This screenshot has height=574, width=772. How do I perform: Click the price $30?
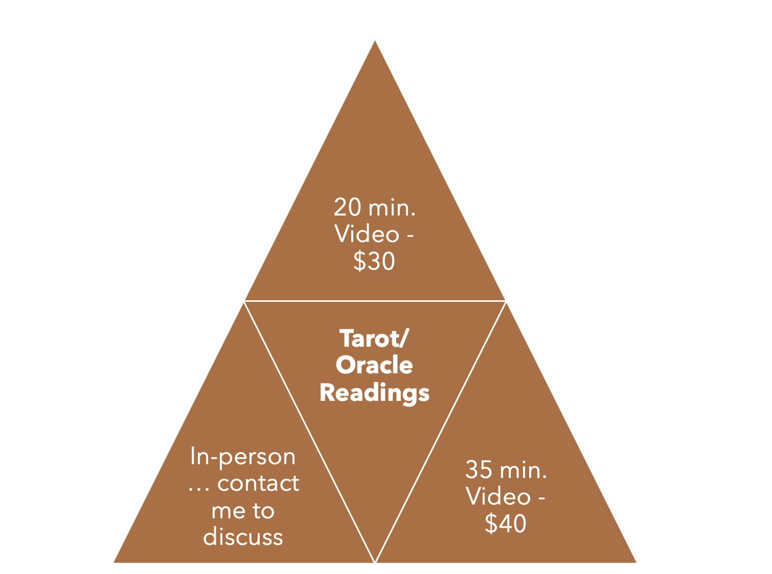(x=374, y=261)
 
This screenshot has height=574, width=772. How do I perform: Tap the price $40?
(x=505, y=524)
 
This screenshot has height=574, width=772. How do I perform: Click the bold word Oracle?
(x=374, y=366)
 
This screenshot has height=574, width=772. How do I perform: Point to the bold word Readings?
(x=374, y=393)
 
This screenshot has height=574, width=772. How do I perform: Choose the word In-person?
(x=243, y=457)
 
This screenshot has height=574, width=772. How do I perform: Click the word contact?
(x=258, y=484)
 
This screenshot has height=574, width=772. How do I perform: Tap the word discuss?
(x=243, y=537)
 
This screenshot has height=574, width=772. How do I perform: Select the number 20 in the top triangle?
(x=347, y=208)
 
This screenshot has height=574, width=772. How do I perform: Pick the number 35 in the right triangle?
(x=479, y=470)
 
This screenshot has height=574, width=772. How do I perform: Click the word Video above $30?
(x=367, y=234)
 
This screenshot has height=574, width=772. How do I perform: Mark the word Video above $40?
(x=498, y=497)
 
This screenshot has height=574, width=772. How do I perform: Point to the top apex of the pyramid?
(x=375, y=42)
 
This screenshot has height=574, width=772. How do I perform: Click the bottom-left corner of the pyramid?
(x=115, y=562)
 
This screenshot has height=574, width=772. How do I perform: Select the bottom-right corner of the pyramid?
(x=635, y=562)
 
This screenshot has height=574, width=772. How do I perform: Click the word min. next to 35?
(x=523, y=470)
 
